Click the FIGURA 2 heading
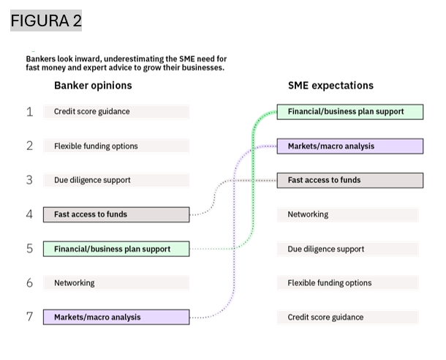pyautogui.click(x=46, y=21)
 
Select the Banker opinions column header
pyautogui.click(x=93, y=85)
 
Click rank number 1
pyautogui.click(x=29, y=112)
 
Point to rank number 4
pyautogui.click(x=29, y=214)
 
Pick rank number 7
pyautogui.click(x=29, y=317)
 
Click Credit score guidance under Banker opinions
pyautogui.click(x=91, y=112)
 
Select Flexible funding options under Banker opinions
pyautogui.click(x=96, y=146)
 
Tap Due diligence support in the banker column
pyautogui.click(x=92, y=180)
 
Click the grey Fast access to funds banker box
pyautogui.click(x=116, y=214)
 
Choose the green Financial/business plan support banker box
pyautogui.click(x=116, y=249)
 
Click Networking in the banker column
pyautogui.click(x=74, y=282)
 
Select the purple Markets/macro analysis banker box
pyautogui.click(x=116, y=318)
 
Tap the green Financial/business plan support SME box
pyautogui.click(x=349, y=112)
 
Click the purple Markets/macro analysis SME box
pyautogui.click(x=349, y=146)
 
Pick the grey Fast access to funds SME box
pyautogui.click(x=349, y=180)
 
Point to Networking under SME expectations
pyautogui.click(x=308, y=214)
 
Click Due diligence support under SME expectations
pyautogui.click(x=325, y=249)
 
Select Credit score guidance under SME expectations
pyautogui.click(x=325, y=317)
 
